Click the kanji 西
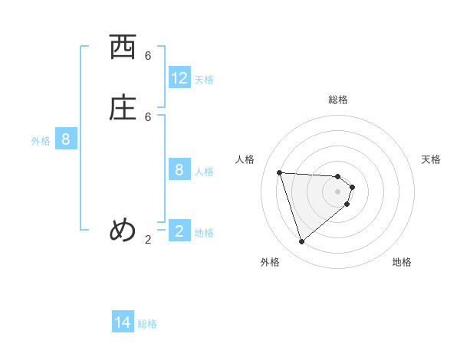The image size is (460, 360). coord(123,48)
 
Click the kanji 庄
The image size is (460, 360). coord(123,109)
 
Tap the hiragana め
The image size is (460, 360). coord(123,230)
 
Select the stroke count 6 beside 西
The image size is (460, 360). coord(148,56)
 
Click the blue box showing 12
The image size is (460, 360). coord(179,78)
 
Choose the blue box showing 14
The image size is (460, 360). coord(123,323)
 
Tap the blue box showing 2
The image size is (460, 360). coord(179,231)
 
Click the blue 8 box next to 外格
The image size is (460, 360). coord(66,139)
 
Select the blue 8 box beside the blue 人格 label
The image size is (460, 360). coord(179,170)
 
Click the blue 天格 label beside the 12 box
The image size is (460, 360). coord(204,80)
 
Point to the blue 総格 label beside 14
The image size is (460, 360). coord(147,324)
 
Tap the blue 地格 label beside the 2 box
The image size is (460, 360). coord(204,233)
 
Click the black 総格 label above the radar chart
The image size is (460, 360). coord(338,100)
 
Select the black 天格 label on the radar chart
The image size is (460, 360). coord(431,159)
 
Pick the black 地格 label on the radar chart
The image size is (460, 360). coord(402,262)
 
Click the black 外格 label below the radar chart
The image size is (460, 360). coord(270,262)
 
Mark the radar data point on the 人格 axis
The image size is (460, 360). coord(280,172)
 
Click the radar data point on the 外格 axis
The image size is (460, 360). coord(301,242)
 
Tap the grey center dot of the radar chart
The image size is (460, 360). coord(338,201)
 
